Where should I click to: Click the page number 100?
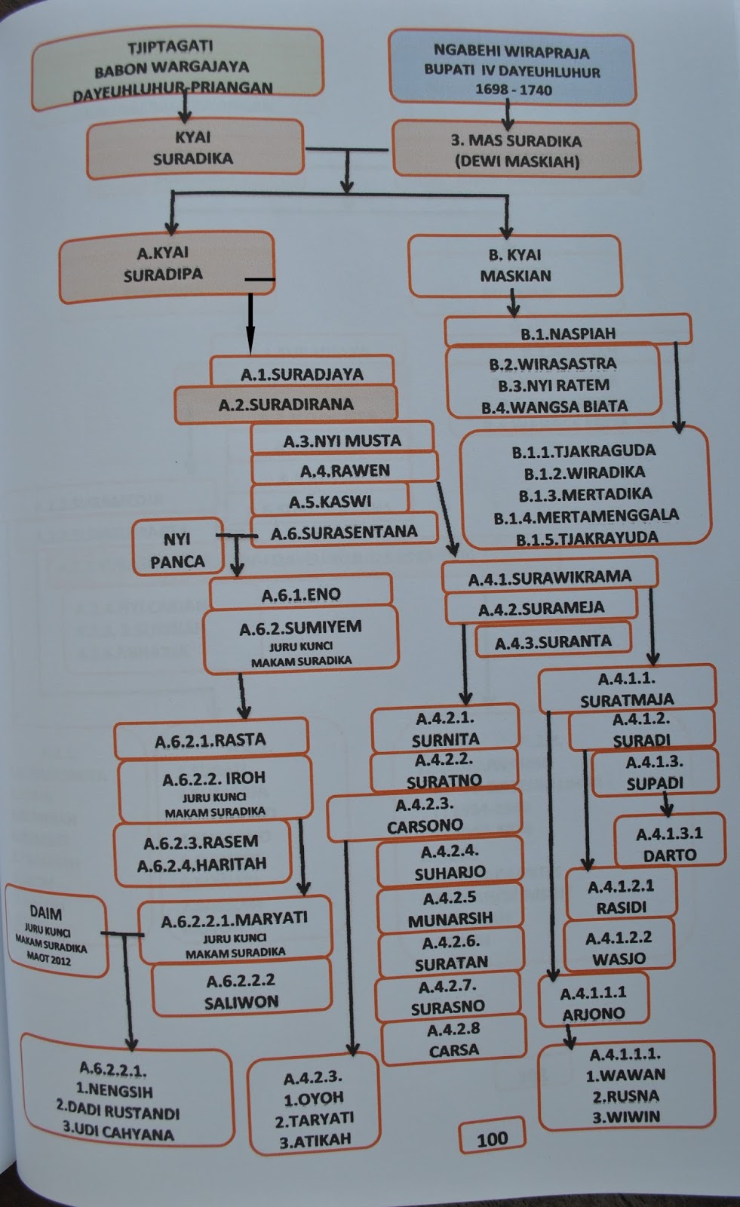[492, 1139]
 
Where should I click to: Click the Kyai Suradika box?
[193, 149]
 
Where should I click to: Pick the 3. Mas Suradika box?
[516, 150]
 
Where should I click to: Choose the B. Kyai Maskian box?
[515, 266]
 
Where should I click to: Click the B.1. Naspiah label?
[567, 333]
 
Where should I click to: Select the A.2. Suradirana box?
[286, 404]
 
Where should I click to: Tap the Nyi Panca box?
[177, 550]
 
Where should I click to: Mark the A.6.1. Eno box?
[301, 594]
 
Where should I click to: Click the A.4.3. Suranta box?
[553, 642]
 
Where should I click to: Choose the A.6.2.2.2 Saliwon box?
[241, 991]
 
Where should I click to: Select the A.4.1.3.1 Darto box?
[669, 844]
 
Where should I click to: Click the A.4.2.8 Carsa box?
[453, 1040]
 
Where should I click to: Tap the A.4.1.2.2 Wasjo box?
[619, 948]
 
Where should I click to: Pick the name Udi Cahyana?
[118, 1133]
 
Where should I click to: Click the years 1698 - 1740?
[513, 91]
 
